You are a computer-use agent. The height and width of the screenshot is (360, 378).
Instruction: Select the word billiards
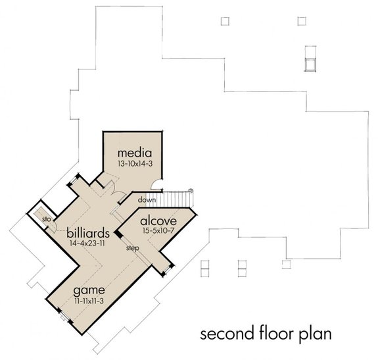tap(87, 233)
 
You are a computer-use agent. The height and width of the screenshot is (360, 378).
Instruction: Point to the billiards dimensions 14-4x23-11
tap(87, 244)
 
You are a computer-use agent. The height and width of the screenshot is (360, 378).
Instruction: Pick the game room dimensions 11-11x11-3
tap(90, 299)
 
